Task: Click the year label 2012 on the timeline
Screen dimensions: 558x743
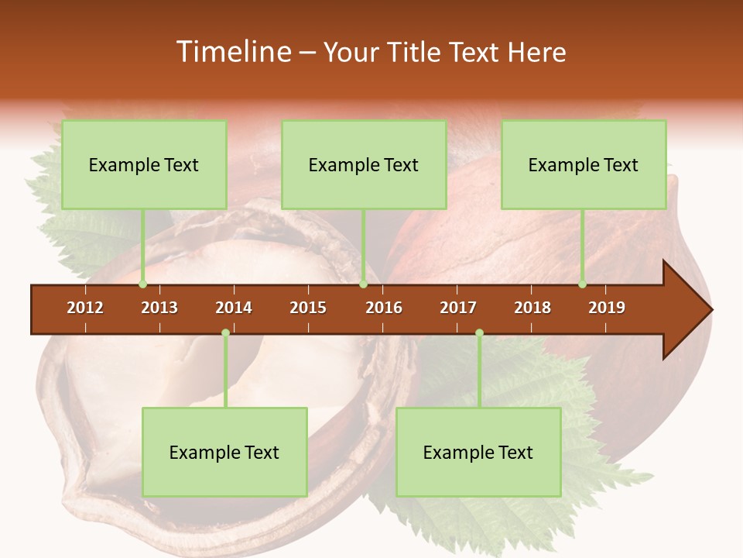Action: tap(85, 308)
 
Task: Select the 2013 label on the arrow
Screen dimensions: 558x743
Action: tap(159, 308)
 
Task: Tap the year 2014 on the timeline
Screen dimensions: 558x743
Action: tap(234, 308)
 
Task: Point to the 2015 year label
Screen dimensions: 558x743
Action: tap(308, 308)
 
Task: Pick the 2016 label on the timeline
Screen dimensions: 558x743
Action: tap(384, 308)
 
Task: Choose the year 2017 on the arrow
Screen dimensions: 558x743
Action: tap(458, 308)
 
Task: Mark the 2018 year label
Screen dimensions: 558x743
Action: tap(532, 308)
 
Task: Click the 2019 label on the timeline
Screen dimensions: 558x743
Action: tap(607, 308)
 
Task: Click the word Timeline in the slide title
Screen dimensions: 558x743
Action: tap(232, 52)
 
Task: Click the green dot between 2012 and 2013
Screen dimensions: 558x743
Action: tap(142, 284)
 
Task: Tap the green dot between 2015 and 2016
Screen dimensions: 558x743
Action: tap(363, 284)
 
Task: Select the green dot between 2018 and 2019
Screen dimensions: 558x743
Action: tap(582, 284)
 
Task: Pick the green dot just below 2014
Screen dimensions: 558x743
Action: tap(225, 333)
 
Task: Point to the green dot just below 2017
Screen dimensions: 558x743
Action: tap(479, 333)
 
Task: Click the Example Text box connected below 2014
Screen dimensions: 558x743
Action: tap(224, 452)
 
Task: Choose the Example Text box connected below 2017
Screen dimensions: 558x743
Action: tap(478, 452)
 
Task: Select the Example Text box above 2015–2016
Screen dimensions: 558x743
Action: tap(364, 164)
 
